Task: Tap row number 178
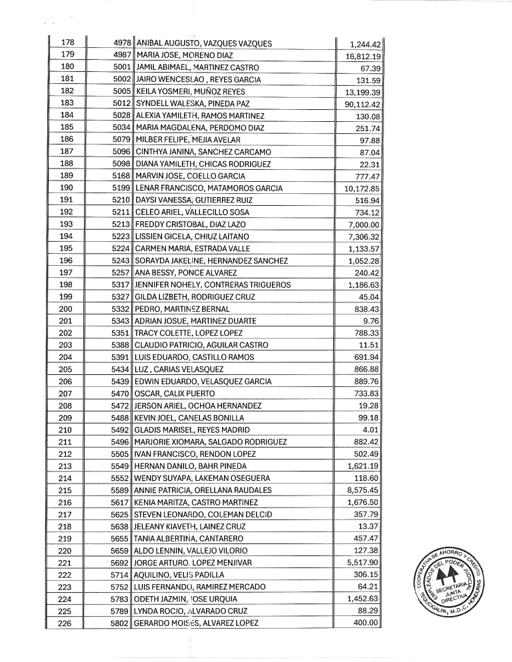pos(67,44)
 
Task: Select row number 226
pos(67,623)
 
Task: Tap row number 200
pos(67,309)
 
